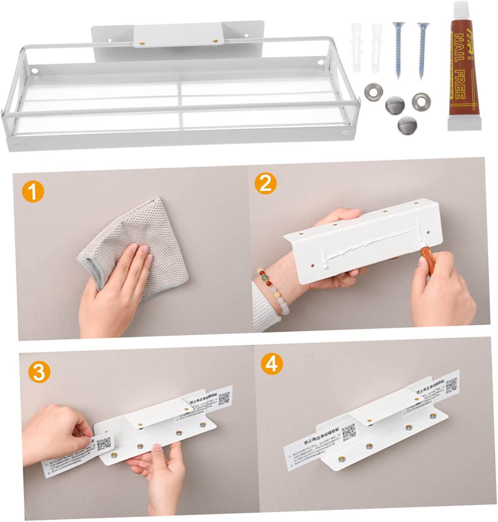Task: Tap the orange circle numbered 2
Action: [x=266, y=183]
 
